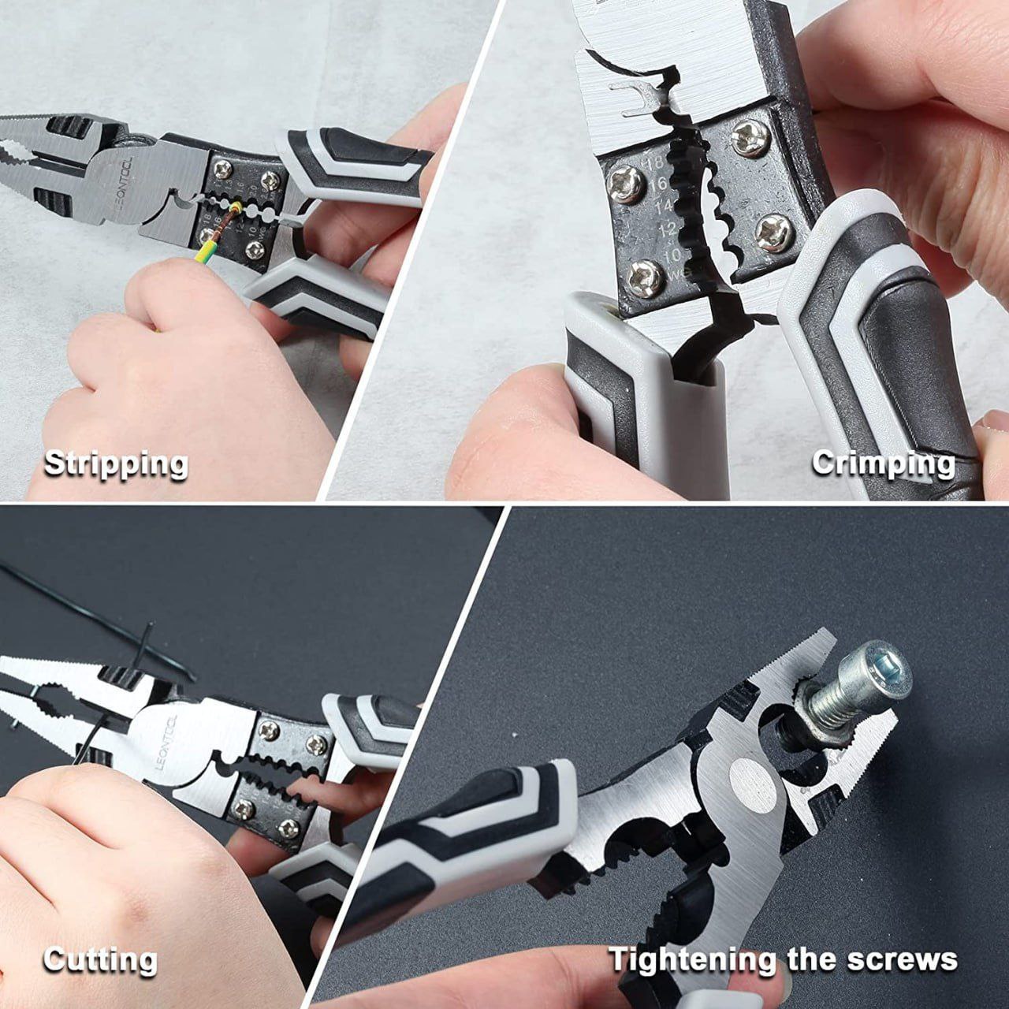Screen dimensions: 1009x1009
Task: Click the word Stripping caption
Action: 116,464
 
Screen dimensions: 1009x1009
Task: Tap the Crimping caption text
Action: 884,463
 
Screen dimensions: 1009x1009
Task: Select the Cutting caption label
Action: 100,960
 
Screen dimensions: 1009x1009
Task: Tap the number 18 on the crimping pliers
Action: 653,164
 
